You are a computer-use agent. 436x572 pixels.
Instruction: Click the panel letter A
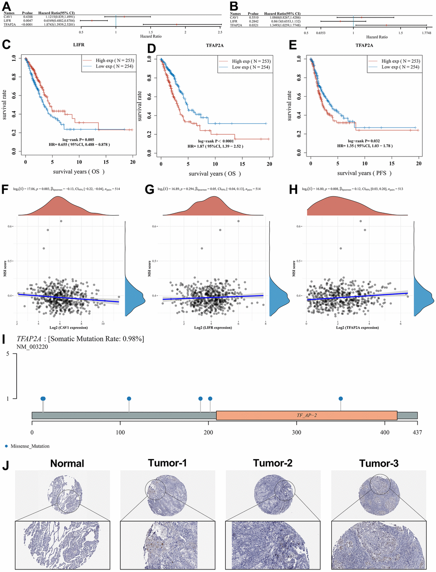click(x=7, y=6)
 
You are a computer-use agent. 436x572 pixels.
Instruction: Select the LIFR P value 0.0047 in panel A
click(x=27, y=21)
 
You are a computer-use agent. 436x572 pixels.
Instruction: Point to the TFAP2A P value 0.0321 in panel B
click(x=253, y=25)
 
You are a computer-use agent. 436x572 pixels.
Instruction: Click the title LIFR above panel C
click(x=79, y=44)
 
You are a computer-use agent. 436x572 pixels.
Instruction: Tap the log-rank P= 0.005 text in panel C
click(x=78, y=139)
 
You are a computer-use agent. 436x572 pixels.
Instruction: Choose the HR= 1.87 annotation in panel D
click(x=215, y=146)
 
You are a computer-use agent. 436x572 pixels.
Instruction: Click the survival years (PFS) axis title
click(x=364, y=173)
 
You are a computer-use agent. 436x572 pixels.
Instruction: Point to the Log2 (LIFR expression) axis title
click(x=213, y=328)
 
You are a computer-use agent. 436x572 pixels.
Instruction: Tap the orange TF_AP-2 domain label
click(x=306, y=415)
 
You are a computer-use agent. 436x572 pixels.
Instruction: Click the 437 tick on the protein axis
click(x=417, y=432)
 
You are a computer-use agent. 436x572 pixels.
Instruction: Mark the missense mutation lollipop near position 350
click(x=341, y=399)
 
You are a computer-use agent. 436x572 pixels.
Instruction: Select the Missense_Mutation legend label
click(x=30, y=446)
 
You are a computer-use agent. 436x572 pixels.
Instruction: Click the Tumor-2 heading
click(x=273, y=463)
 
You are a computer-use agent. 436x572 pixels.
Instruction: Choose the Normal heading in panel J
click(x=67, y=463)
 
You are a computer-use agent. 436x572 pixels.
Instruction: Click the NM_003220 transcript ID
click(x=32, y=347)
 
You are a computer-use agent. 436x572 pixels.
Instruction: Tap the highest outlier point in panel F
click(x=61, y=221)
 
